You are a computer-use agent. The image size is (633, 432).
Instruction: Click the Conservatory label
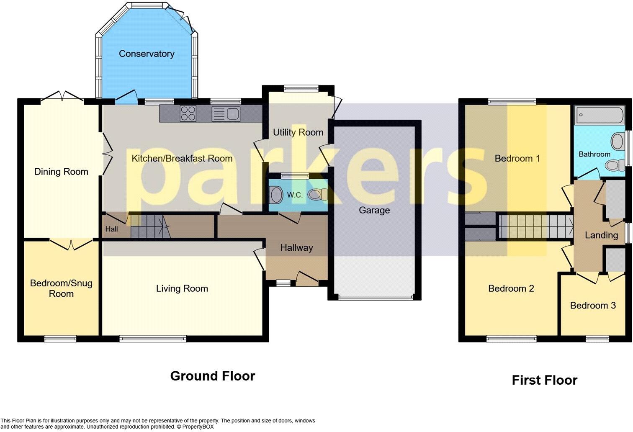pyautogui.click(x=147, y=54)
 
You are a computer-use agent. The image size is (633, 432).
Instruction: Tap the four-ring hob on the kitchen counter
pyautogui.click(x=188, y=113)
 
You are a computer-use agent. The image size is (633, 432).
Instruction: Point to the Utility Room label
pyautogui.click(x=298, y=132)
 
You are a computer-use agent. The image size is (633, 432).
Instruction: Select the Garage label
pyautogui.click(x=374, y=210)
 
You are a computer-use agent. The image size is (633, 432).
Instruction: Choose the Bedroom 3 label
pyautogui.click(x=593, y=305)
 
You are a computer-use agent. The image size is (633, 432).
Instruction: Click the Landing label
pyautogui.click(x=601, y=235)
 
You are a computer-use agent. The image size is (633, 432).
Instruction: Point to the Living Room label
pyautogui.click(x=182, y=288)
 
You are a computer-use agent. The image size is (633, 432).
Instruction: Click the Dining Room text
pyautogui.click(x=61, y=172)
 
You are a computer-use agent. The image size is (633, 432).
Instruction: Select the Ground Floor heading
pyautogui.click(x=212, y=376)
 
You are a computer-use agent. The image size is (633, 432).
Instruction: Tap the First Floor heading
pyautogui.click(x=544, y=380)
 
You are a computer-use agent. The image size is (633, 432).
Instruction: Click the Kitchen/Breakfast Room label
pyautogui.click(x=182, y=158)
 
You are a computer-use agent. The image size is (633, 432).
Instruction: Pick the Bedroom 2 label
pyautogui.click(x=511, y=288)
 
